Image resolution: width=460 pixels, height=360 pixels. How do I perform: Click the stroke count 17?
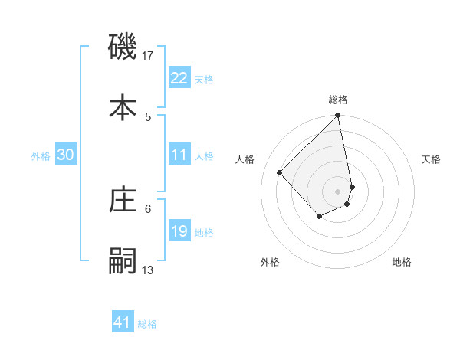click(x=149, y=56)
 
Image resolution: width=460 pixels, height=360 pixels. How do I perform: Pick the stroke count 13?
click(x=148, y=270)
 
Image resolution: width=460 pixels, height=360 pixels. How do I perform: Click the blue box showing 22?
click(x=179, y=78)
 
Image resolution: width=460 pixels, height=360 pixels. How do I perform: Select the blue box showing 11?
click(x=179, y=155)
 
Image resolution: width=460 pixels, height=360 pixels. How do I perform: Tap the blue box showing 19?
click(x=179, y=231)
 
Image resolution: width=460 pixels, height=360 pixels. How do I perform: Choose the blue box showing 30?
click(x=66, y=155)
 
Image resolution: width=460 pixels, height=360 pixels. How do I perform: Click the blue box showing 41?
click(x=123, y=322)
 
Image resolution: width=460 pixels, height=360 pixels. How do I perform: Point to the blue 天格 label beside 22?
click(x=204, y=80)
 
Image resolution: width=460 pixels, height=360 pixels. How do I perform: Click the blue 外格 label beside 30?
click(x=41, y=156)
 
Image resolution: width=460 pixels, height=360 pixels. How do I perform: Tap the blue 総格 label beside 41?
click(x=147, y=324)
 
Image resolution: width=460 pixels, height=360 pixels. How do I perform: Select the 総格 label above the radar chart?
click(x=338, y=100)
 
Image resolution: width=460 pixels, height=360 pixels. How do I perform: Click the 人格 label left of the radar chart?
click(x=245, y=159)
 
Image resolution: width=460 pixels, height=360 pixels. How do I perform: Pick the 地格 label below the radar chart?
click(x=402, y=262)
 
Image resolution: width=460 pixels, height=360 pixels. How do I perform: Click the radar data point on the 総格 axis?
click(x=338, y=116)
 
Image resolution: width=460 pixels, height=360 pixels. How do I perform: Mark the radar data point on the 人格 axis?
click(x=280, y=172)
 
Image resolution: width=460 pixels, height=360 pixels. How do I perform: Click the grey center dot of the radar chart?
click(x=338, y=191)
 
